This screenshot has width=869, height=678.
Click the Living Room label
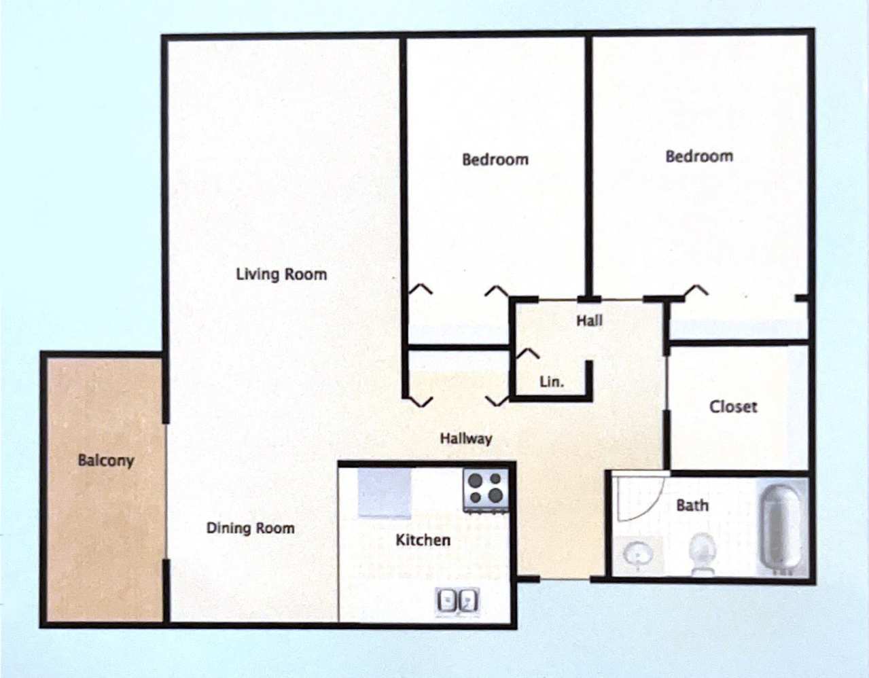(x=281, y=274)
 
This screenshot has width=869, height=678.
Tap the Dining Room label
(x=250, y=528)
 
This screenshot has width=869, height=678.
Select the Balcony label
(x=105, y=460)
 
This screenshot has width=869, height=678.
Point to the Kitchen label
(x=423, y=540)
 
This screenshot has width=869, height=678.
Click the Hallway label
(x=465, y=438)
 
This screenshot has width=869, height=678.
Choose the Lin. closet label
(x=551, y=382)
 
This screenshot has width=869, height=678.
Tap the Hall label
(x=589, y=321)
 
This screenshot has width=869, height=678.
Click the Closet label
(x=732, y=406)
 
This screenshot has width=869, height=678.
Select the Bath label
(x=692, y=505)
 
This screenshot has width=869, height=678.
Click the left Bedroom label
(x=495, y=160)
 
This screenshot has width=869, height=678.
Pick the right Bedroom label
(x=698, y=156)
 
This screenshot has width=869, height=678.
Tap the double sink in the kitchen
(x=457, y=601)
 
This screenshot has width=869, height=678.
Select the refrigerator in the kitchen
(x=385, y=493)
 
